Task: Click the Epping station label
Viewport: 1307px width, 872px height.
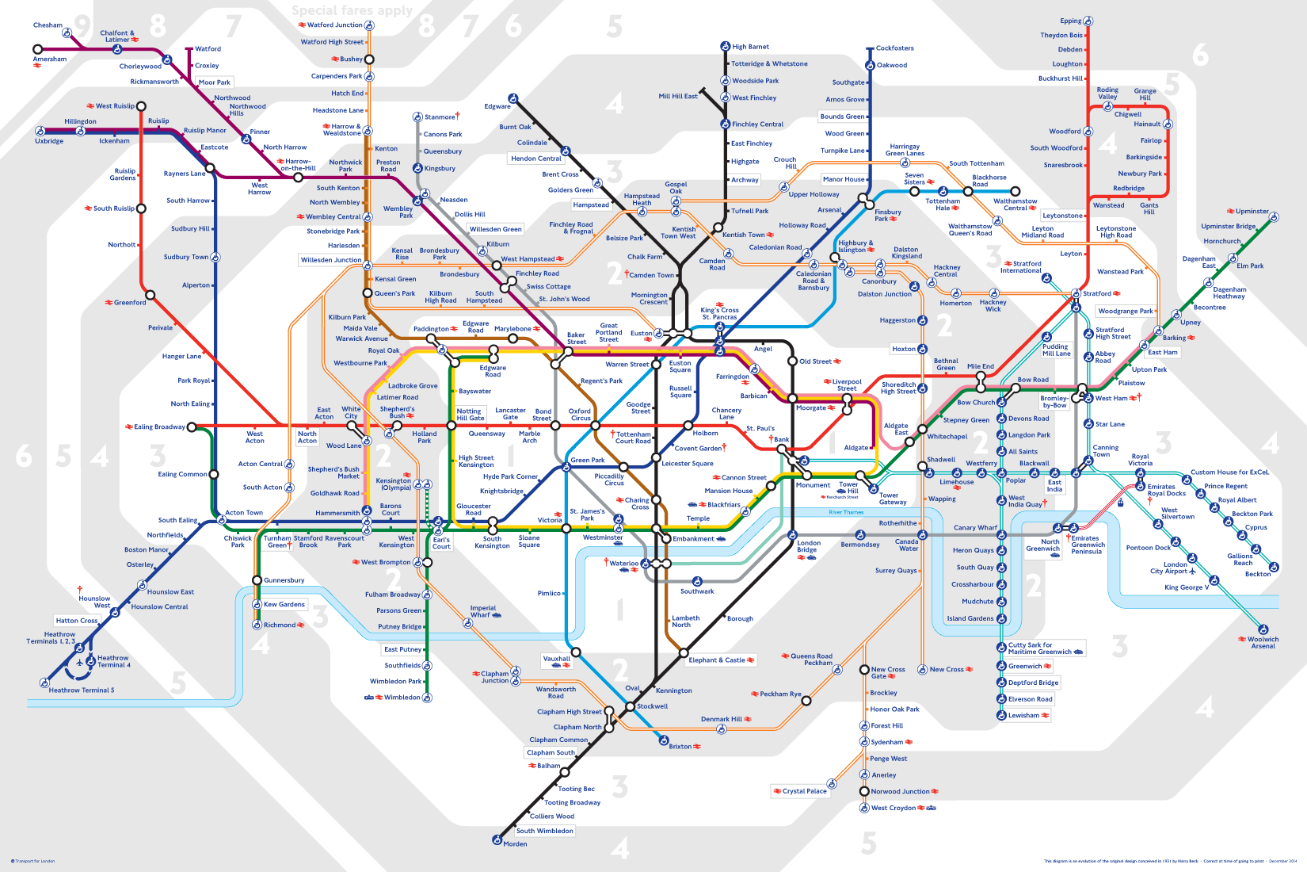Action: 1070,21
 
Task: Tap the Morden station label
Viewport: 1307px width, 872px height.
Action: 515,843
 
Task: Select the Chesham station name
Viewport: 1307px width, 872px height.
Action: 48,25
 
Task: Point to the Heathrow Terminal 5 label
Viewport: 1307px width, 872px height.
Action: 82,690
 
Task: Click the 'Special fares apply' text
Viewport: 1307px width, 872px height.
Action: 352,10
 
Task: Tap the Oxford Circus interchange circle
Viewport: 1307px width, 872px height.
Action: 596,426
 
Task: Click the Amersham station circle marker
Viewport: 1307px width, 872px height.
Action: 37,49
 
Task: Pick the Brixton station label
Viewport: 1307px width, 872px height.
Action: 680,746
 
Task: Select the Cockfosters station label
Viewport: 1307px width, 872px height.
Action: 894,48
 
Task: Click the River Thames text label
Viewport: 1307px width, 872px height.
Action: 846,512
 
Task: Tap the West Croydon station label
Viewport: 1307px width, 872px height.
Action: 893,808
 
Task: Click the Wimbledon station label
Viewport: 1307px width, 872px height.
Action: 402,698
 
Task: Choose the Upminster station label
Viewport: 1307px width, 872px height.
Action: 1252,212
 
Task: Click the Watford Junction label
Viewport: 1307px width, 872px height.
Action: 334,25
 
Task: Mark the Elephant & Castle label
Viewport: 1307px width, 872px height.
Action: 716,660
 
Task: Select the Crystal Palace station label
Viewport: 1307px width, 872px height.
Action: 804,791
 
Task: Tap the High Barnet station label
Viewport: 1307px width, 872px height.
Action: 750,47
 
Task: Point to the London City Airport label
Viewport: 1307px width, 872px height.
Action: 1169,568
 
